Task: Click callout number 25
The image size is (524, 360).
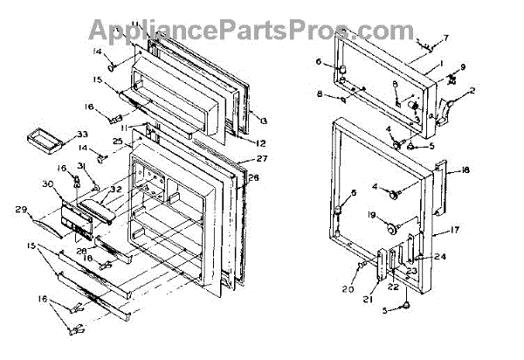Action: pyautogui.click(x=116, y=142)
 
